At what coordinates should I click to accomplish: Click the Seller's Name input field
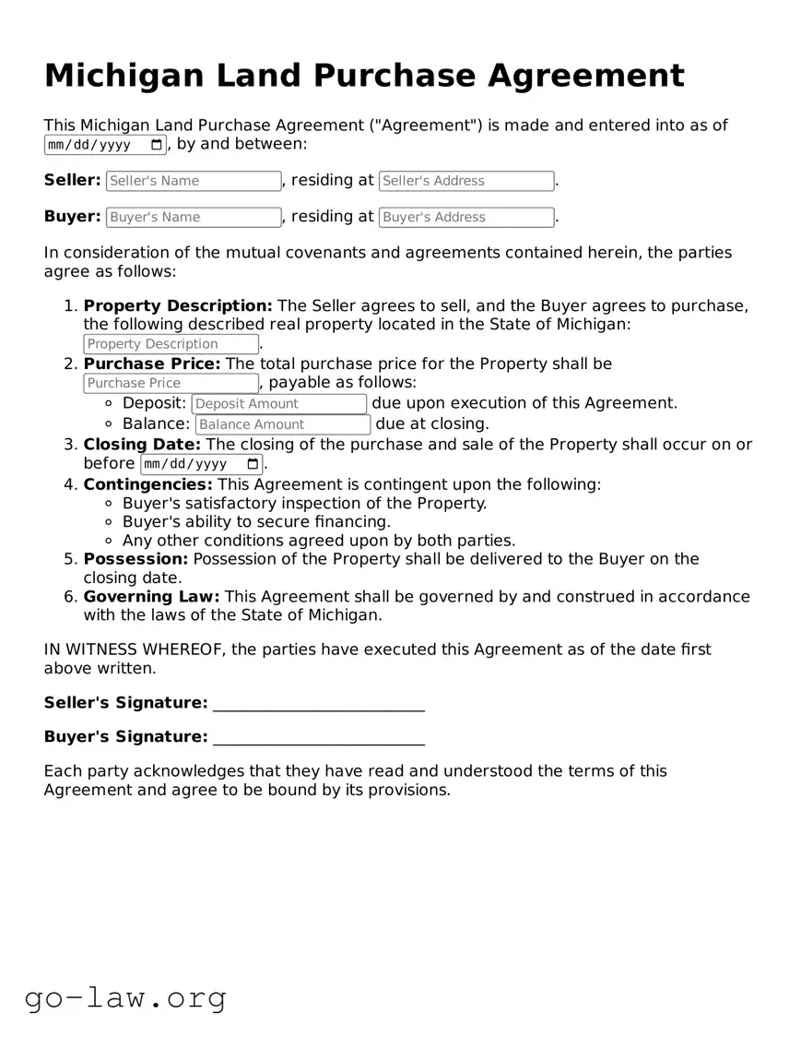[x=193, y=181]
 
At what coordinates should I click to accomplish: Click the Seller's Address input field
[x=466, y=181]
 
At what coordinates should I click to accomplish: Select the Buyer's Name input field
[x=193, y=217]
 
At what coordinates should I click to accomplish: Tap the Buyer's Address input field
[x=466, y=217]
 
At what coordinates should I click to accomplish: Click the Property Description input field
[x=171, y=344]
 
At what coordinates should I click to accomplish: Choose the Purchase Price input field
[x=171, y=383]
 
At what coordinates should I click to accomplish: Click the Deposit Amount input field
[x=278, y=403]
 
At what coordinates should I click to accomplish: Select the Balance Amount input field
[x=283, y=424]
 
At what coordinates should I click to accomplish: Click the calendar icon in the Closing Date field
[x=253, y=464]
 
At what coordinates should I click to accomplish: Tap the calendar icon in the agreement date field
[x=157, y=145]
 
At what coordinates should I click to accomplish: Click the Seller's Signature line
[x=318, y=705]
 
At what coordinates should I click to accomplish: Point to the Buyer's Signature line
[x=318, y=738]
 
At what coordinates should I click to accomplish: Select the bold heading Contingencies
[x=147, y=484]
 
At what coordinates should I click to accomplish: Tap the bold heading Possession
[x=135, y=559]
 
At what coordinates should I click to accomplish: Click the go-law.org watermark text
[x=125, y=997]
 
